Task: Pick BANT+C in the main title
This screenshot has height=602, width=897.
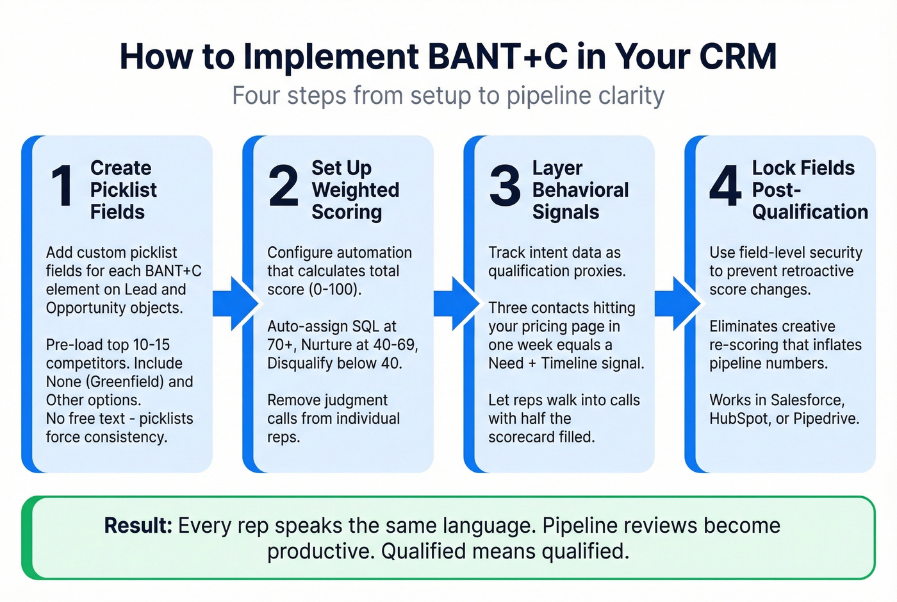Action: coord(497,56)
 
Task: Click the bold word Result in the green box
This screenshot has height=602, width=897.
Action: coord(138,526)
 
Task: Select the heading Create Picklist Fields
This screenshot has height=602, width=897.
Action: coord(123,190)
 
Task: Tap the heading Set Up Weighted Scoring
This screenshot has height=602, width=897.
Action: coord(355,190)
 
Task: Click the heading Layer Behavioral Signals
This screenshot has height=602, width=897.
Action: coord(580,190)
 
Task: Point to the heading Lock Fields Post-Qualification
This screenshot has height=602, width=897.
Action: coord(809,190)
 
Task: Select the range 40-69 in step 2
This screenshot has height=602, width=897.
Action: coord(395,345)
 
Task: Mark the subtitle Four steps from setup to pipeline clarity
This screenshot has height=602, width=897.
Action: coord(448,96)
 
